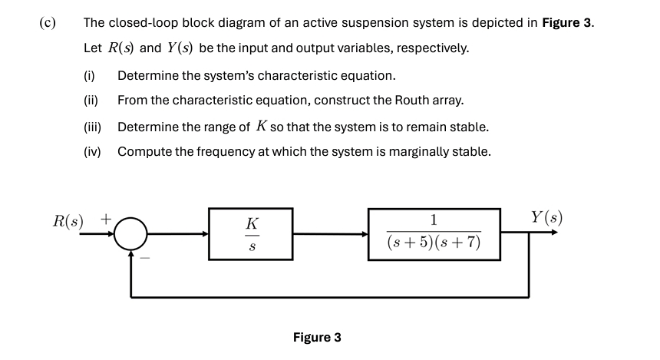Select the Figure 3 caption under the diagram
click(317, 337)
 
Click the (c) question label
click(47, 21)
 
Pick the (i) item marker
click(89, 75)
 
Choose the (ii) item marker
click(91, 101)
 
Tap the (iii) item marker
click(92, 126)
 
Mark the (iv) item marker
click(92, 151)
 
